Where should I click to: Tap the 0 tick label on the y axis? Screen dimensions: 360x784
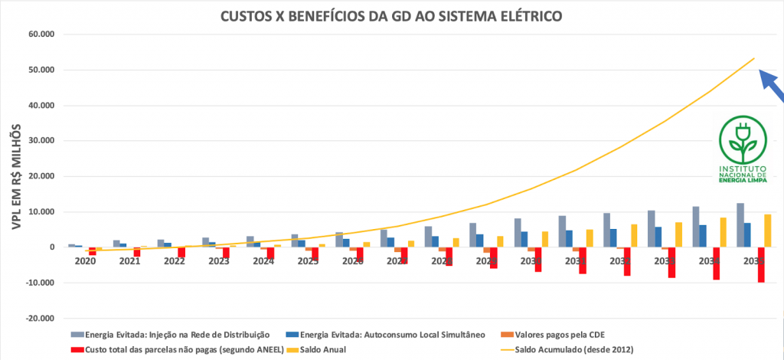pos(52,247)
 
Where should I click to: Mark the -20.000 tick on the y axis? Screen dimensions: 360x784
pos(36,318)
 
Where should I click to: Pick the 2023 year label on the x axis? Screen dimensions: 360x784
pos(217,261)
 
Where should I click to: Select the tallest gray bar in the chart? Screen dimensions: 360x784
pos(740,224)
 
